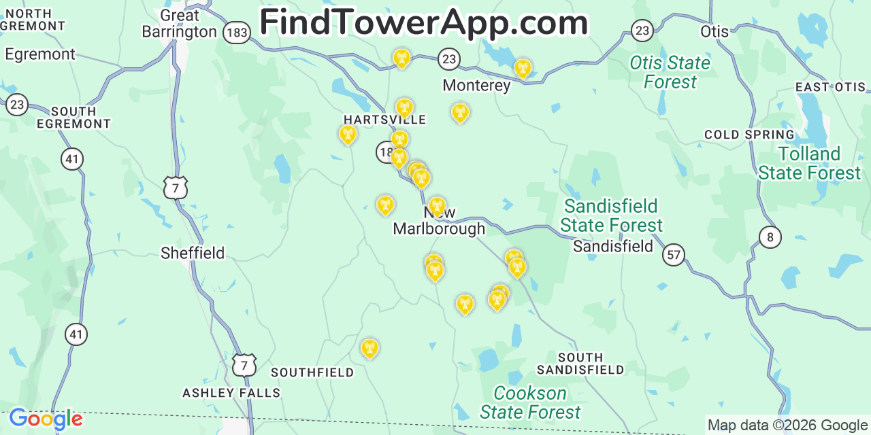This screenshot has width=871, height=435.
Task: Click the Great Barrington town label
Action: coord(180,24)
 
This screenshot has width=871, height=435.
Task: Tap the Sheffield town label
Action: coord(193,253)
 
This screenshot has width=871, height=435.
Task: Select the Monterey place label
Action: coord(476,85)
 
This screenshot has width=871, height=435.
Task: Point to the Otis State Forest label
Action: coord(670,72)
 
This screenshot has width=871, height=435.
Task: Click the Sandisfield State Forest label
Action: coord(612,215)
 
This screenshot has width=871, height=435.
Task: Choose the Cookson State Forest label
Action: coord(530,402)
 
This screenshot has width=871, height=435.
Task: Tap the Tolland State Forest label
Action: coord(809,163)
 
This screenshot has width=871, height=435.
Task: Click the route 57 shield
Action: coord(674,255)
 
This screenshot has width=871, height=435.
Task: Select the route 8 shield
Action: coord(770,237)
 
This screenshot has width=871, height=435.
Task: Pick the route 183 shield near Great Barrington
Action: coord(237,33)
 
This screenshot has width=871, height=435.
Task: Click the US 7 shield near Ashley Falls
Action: coord(244,365)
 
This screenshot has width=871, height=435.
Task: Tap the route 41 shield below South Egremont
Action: coord(72,159)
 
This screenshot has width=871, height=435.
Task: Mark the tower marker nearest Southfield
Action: coord(369,348)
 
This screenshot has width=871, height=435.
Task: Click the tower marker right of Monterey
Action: coord(523,68)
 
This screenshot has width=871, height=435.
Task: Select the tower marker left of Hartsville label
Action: coord(348,134)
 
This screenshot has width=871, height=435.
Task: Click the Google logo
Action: coord(46,419)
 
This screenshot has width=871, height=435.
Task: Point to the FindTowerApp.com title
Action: coord(423,22)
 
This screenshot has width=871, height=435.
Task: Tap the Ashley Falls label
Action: coord(231,393)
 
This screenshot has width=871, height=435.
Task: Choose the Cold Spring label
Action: coord(749,135)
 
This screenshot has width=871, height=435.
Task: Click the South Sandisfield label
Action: coord(580,364)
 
